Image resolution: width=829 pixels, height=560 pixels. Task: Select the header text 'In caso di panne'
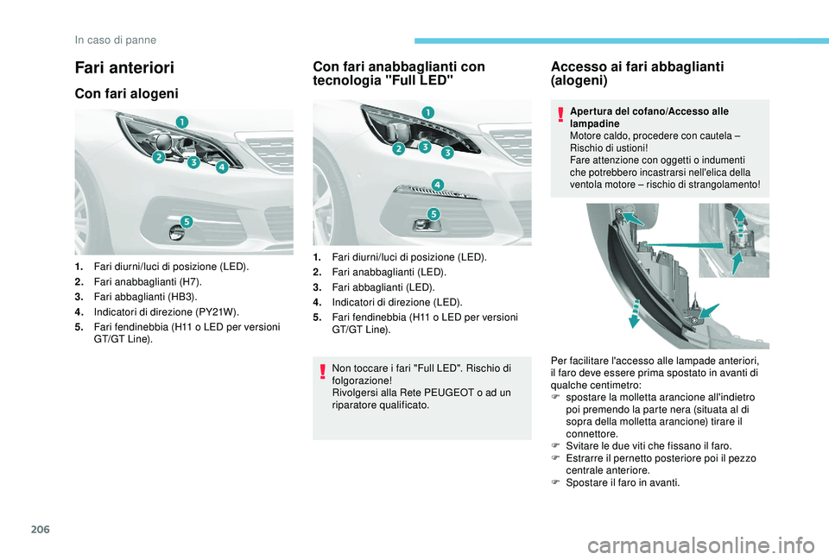point(116,39)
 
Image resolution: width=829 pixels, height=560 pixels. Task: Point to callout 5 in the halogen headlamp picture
point(186,222)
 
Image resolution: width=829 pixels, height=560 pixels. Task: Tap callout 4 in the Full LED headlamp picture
point(437,185)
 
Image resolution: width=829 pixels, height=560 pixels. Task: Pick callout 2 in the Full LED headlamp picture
point(399,148)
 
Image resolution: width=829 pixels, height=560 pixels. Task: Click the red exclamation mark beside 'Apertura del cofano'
point(560,113)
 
